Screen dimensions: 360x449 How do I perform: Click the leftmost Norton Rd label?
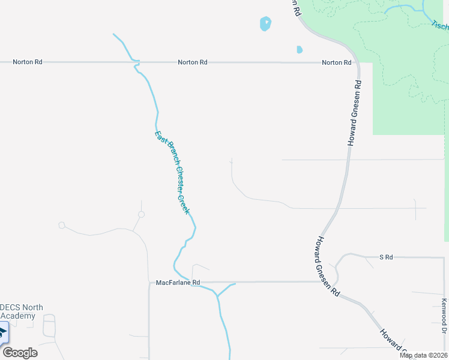click(29, 62)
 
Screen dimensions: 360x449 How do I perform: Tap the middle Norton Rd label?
click(192, 62)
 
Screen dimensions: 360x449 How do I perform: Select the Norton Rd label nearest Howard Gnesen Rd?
click(336, 62)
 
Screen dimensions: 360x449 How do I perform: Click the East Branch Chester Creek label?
click(172, 173)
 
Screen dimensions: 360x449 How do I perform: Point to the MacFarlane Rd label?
click(177, 282)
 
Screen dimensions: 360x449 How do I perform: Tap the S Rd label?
click(386, 257)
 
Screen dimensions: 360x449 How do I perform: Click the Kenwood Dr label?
click(444, 316)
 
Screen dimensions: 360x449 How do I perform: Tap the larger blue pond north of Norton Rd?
click(265, 24)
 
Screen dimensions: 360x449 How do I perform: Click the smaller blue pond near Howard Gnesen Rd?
click(299, 50)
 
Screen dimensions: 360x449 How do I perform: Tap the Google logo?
click(20, 353)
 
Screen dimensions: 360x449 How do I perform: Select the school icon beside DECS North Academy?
click(2, 332)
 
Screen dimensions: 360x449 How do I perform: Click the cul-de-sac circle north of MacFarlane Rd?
click(141, 214)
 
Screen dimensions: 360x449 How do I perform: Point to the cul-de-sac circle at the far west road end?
click(61, 225)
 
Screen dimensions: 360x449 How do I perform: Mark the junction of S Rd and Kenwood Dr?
click(444, 257)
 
